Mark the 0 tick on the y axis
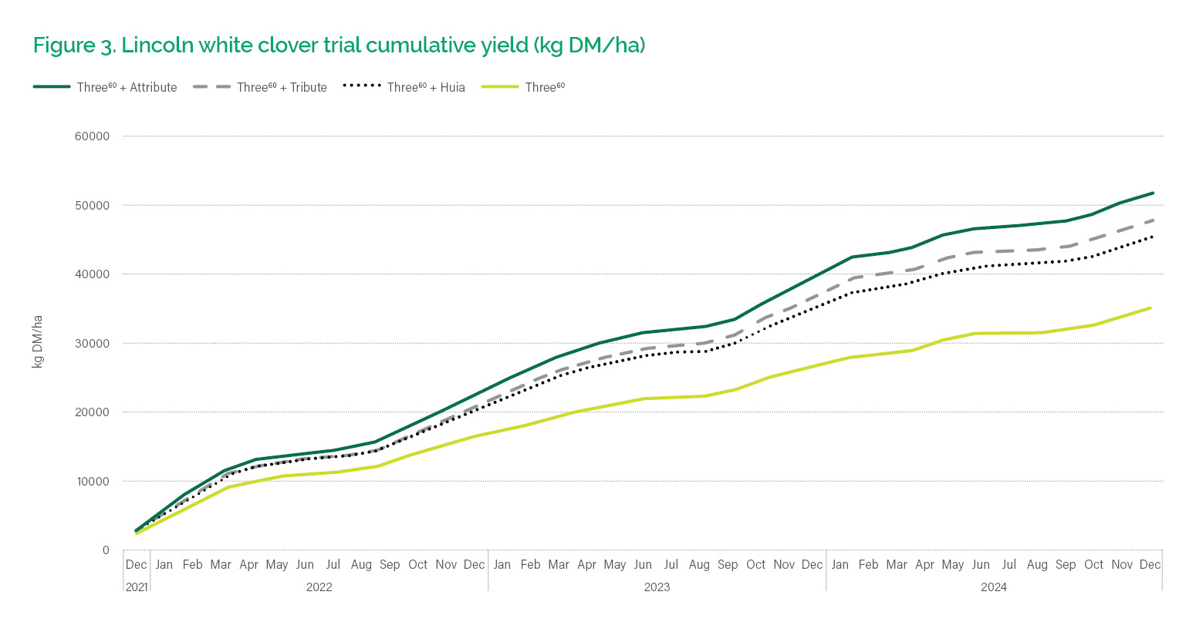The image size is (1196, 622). click(105, 550)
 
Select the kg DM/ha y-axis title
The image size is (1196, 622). click(37, 341)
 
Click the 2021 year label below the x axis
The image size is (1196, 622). click(136, 587)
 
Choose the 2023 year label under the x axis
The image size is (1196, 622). click(657, 587)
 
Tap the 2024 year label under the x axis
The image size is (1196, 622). click(994, 587)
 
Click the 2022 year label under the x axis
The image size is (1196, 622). click(319, 587)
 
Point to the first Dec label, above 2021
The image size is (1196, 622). click(136, 565)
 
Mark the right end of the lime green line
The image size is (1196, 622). click(1150, 308)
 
